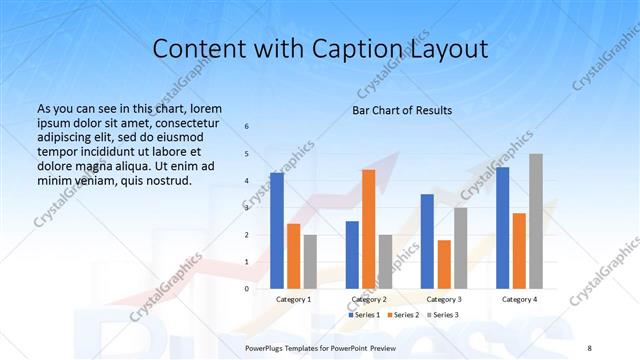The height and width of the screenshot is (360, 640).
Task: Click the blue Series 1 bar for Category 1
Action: point(277,230)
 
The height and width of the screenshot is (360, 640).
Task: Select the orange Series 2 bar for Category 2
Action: point(368,228)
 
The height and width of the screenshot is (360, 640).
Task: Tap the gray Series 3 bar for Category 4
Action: point(536,221)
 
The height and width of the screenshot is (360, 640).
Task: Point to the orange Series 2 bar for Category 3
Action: point(444,264)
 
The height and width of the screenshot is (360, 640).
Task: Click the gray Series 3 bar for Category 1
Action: point(310,261)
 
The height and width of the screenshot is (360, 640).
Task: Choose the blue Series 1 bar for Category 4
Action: point(502,227)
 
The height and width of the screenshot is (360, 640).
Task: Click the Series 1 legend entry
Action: point(366,315)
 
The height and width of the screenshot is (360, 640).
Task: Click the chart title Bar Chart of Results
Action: point(402,110)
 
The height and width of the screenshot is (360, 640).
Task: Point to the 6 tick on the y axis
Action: point(247,127)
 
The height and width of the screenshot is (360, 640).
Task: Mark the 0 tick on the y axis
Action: point(247,288)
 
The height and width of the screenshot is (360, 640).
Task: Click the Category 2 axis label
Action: point(368,299)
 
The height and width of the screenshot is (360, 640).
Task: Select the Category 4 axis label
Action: point(519,299)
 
